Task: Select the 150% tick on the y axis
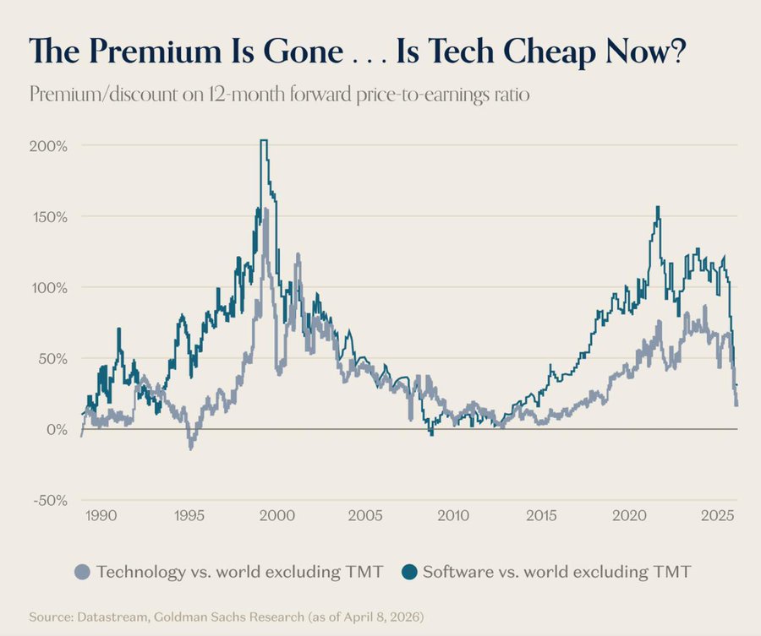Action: (50, 216)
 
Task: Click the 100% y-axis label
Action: (50, 287)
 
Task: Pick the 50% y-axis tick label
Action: (53, 358)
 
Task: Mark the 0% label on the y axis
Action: (57, 429)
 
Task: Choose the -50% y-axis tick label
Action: (50, 500)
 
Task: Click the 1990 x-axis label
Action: (101, 515)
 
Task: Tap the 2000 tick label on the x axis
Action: (277, 515)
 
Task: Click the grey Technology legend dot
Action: (81, 572)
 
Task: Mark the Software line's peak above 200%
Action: (264, 141)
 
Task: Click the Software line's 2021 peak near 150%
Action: (658, 207)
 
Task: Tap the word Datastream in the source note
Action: (105, 617)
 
